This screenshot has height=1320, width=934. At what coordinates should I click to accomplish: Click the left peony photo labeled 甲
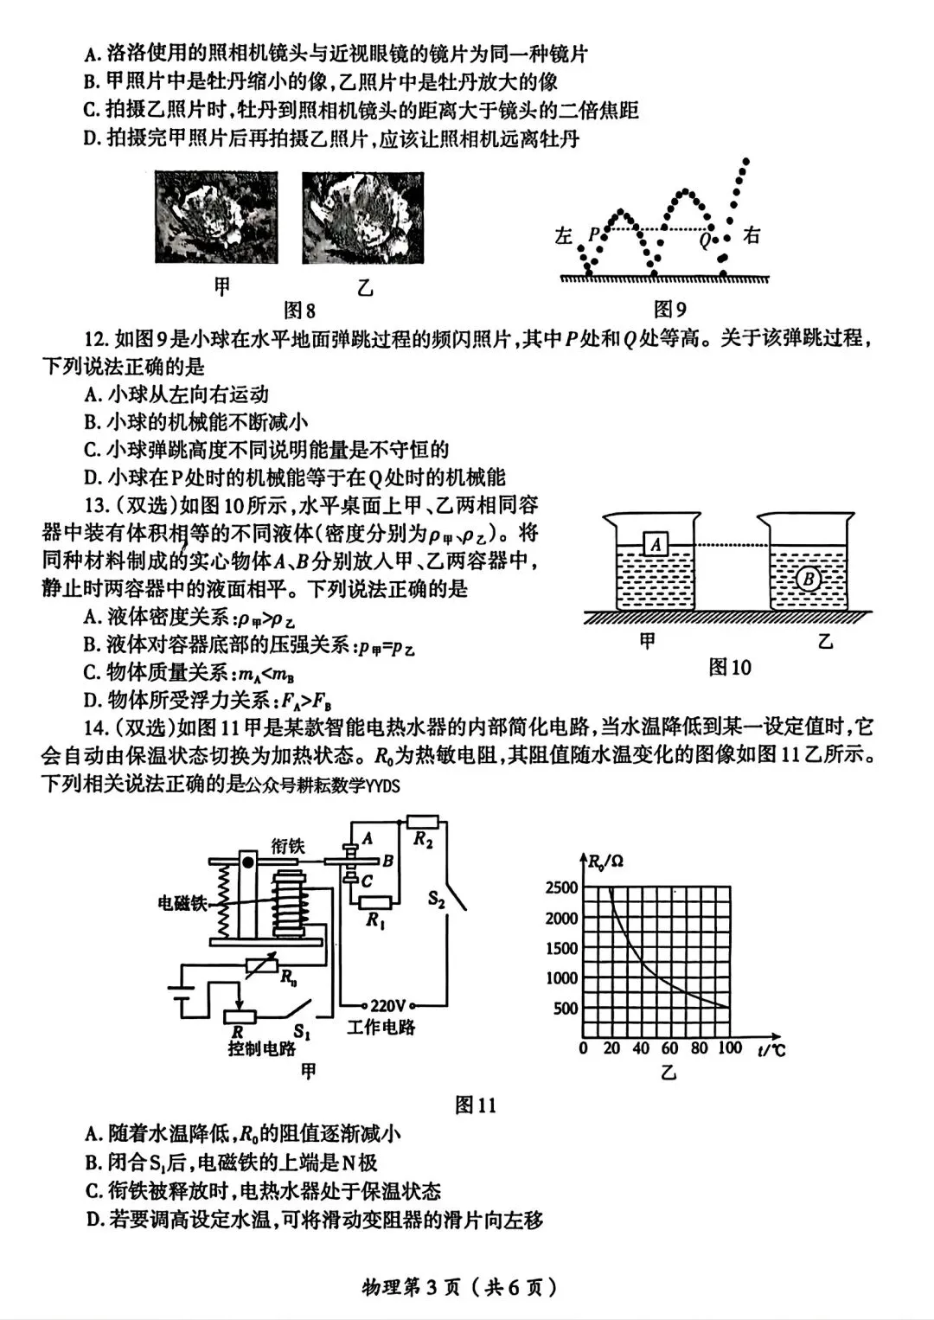click(216, 216)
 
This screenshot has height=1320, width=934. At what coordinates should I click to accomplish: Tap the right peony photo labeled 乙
click(363, 216)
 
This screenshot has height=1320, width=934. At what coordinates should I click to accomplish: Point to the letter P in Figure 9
click(593, 234)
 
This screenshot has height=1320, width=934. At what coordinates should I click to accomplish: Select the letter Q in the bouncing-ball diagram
click(706, 240)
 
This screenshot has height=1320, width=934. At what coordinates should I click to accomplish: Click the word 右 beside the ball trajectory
click(752, 234)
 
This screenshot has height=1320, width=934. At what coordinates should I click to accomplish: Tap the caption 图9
click(670, 309)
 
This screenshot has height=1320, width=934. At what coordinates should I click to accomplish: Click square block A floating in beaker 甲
click(657, 544)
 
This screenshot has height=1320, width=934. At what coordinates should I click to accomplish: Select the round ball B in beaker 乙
click(809, 578)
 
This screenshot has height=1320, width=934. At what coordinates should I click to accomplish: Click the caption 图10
click(730, 667)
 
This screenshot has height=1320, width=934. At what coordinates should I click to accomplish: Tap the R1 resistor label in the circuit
click(374, 920)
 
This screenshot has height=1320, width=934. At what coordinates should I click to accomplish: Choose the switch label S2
click(437, 900)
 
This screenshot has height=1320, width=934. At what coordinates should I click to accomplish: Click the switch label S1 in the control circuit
click(302, 1031)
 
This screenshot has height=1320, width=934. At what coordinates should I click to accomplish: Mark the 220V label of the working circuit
click(387, 1005)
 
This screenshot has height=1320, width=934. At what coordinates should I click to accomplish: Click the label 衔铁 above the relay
click(288, 845)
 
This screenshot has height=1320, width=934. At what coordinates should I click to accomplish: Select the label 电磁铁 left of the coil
click(182, 903)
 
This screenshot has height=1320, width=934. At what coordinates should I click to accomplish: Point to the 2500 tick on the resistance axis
click(561, 887)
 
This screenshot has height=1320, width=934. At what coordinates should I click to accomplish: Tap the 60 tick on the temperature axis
click(669, 1048)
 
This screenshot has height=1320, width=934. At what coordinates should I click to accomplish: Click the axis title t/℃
click(770, 1050)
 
